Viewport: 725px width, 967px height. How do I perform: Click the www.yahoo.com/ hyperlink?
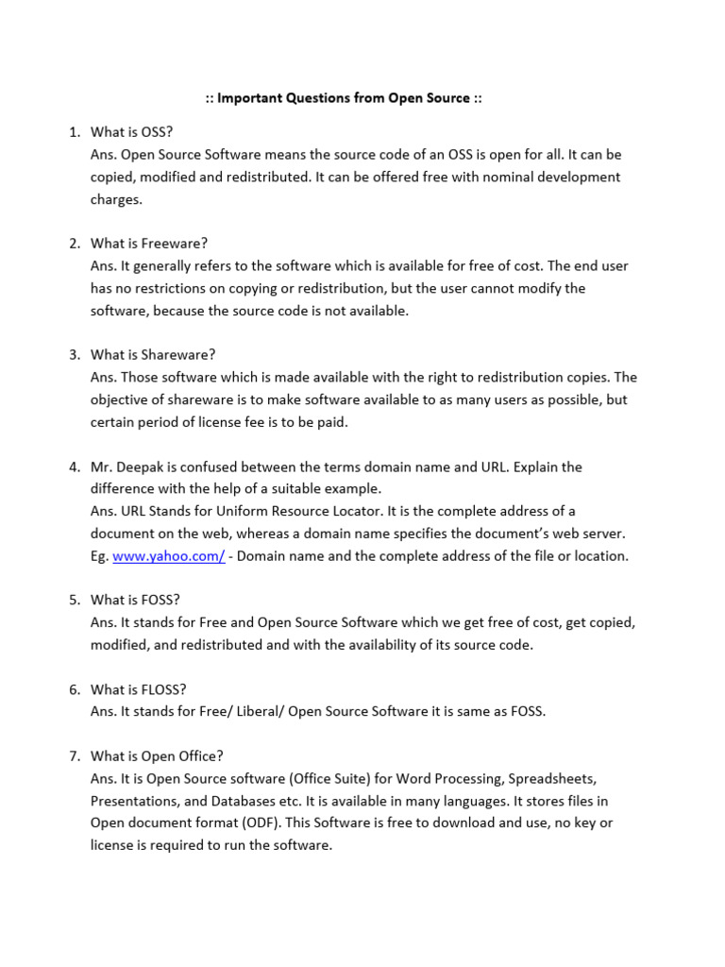click(168, 556)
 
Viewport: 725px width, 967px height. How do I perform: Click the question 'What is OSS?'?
click(131, 131)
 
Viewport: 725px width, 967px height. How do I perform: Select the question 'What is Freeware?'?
click(148, 243)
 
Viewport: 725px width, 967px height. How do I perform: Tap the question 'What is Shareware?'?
click(153, 354)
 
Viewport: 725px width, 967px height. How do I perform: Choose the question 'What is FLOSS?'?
click(141, 689)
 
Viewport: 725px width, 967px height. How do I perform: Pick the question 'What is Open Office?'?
click(157, 756)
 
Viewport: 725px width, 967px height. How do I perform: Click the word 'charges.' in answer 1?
click(116, 199)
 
